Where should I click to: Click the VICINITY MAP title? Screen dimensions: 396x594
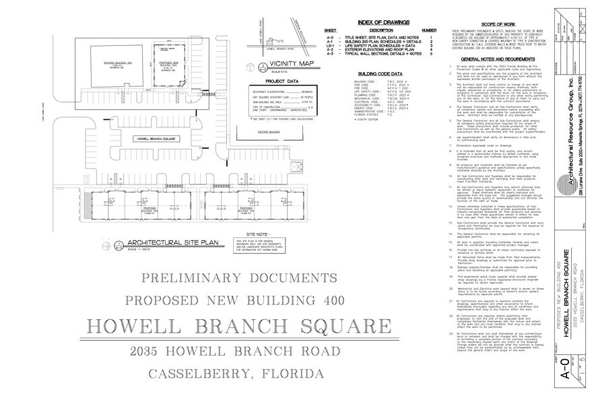tap(295, 66)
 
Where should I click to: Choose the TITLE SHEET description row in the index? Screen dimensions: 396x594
tap(374, 36)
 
